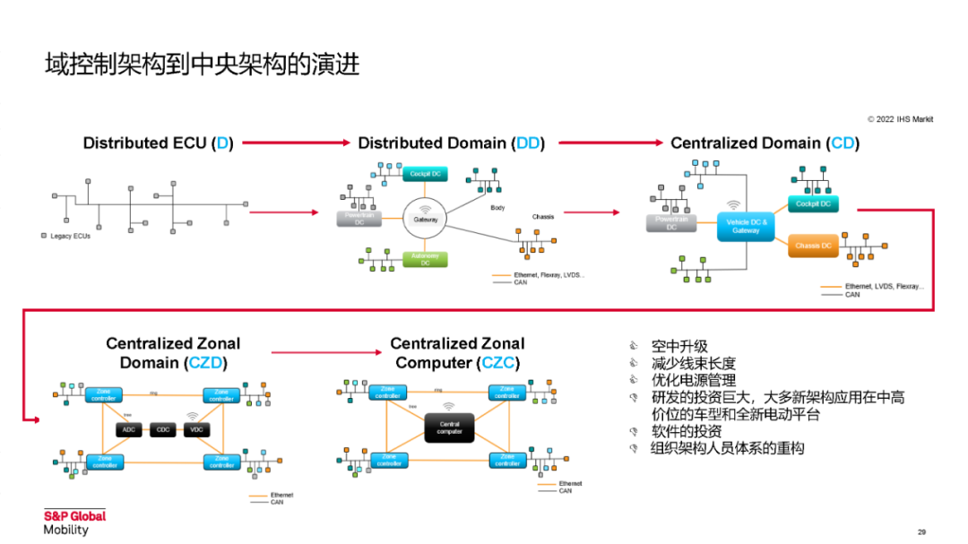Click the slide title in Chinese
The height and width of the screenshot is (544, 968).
pos(203,65)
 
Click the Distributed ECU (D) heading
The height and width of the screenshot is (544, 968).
pos(158,142)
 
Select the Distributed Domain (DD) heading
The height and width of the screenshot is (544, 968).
pos(451,142)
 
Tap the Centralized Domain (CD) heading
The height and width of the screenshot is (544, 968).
pos(765,142)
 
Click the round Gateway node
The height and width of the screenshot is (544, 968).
pos(425,219)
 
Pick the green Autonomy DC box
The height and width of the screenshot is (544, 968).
pos(425,259)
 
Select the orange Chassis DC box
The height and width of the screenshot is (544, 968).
pos(813,246)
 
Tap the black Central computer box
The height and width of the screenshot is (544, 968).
pos(450,427)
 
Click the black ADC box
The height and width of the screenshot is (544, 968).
pos(128,430)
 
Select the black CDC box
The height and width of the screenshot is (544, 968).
pos(163,430)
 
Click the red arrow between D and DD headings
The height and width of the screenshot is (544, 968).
pos(295,142)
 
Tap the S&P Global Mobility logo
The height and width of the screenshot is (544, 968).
pos(74,522)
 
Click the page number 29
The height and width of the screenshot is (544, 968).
pos(921,531)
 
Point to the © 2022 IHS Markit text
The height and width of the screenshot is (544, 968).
pos(900,118)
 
